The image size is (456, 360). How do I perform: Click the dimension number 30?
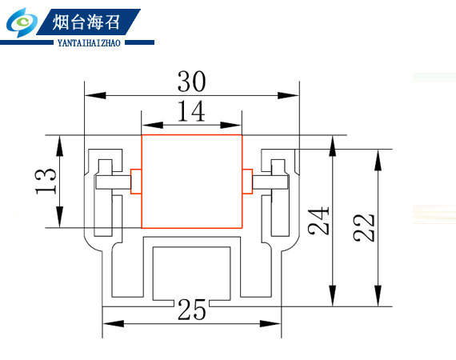coord(192,81)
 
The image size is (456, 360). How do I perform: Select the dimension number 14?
coord(191,110)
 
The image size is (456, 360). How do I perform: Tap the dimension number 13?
coord(46,181)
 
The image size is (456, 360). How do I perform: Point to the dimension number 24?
coord(318,221)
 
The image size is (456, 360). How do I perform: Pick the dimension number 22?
coord(364,227)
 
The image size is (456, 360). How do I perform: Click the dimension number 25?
coord(192,310)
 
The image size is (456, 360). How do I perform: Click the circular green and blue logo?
coord(22,22)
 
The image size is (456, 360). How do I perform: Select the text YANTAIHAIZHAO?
coord(89,43)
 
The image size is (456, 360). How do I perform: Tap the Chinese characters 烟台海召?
coord(86,22)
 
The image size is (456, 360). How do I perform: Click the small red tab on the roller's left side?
coord(136,181)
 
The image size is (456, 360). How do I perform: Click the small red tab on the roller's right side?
coord(247,181)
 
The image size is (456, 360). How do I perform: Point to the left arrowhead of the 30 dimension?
coord(95,95)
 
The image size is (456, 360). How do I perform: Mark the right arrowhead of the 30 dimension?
coord(288,95)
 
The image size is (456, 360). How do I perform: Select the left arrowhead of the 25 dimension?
coord(114,324)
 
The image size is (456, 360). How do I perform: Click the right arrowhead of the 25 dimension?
coord(270,324)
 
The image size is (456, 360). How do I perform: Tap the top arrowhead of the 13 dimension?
coord(60,146)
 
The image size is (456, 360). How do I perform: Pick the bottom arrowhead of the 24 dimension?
coord(333,295)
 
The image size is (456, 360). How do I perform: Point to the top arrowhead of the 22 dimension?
coord(378,160)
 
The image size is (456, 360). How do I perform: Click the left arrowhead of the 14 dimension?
coord(153,125)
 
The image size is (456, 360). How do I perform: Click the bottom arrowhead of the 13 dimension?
coord(60,217)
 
